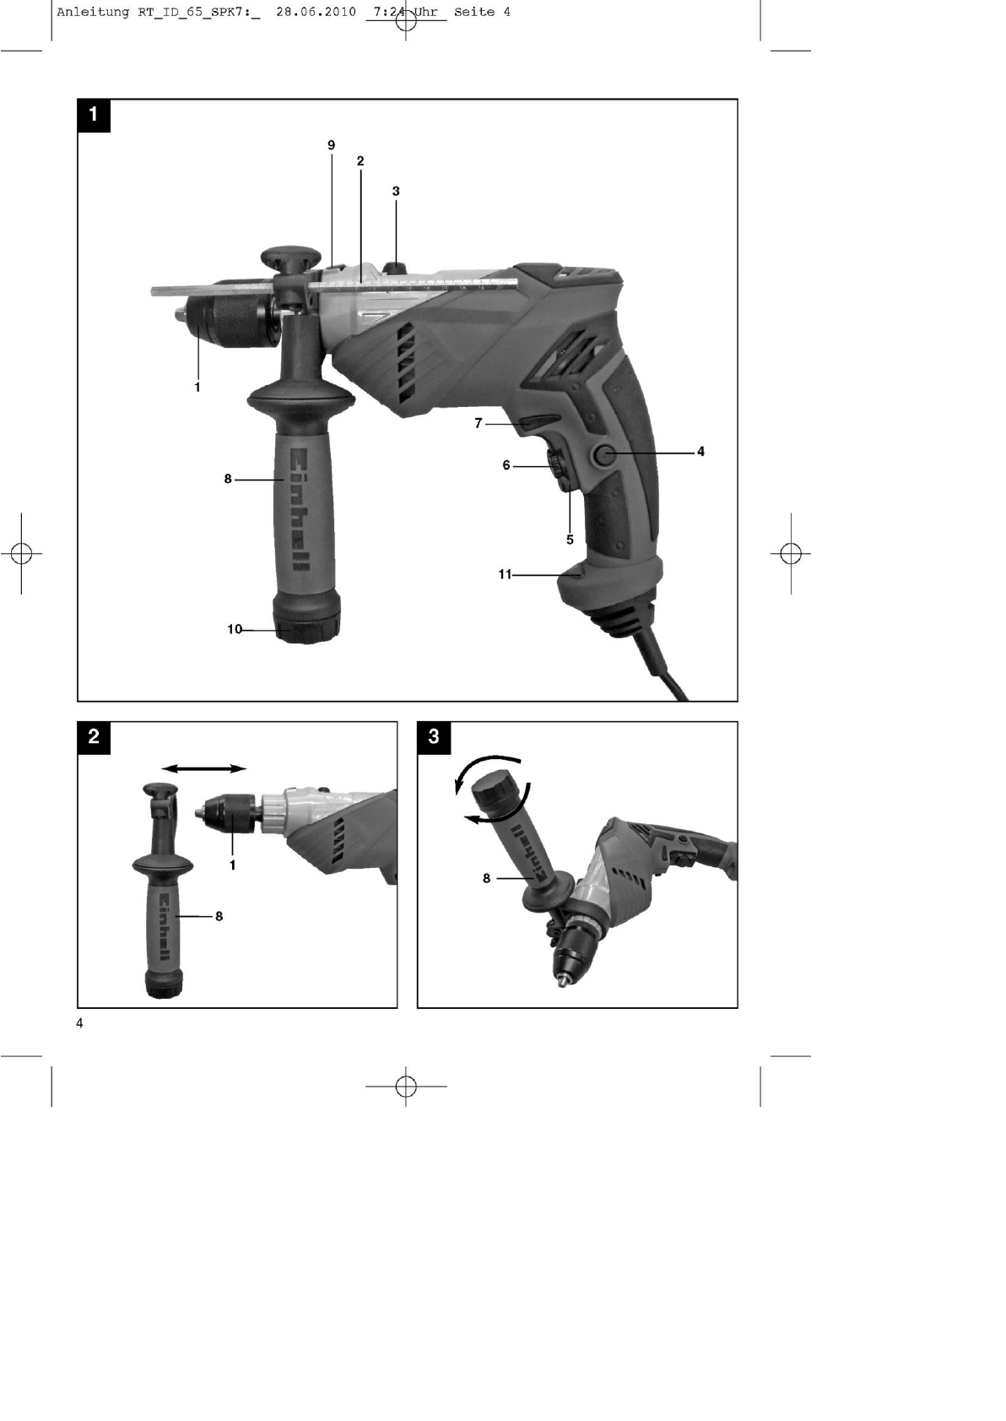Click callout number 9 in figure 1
point(331,145)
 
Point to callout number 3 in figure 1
point(396,191)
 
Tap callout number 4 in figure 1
point(700,452)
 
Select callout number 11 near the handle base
point(505,574)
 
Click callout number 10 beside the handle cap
point(235,629)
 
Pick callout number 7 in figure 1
point(479,423)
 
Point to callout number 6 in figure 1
point(506,465)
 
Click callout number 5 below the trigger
point(570,540)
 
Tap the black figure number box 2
point(94,737)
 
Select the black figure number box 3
point(434,737)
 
